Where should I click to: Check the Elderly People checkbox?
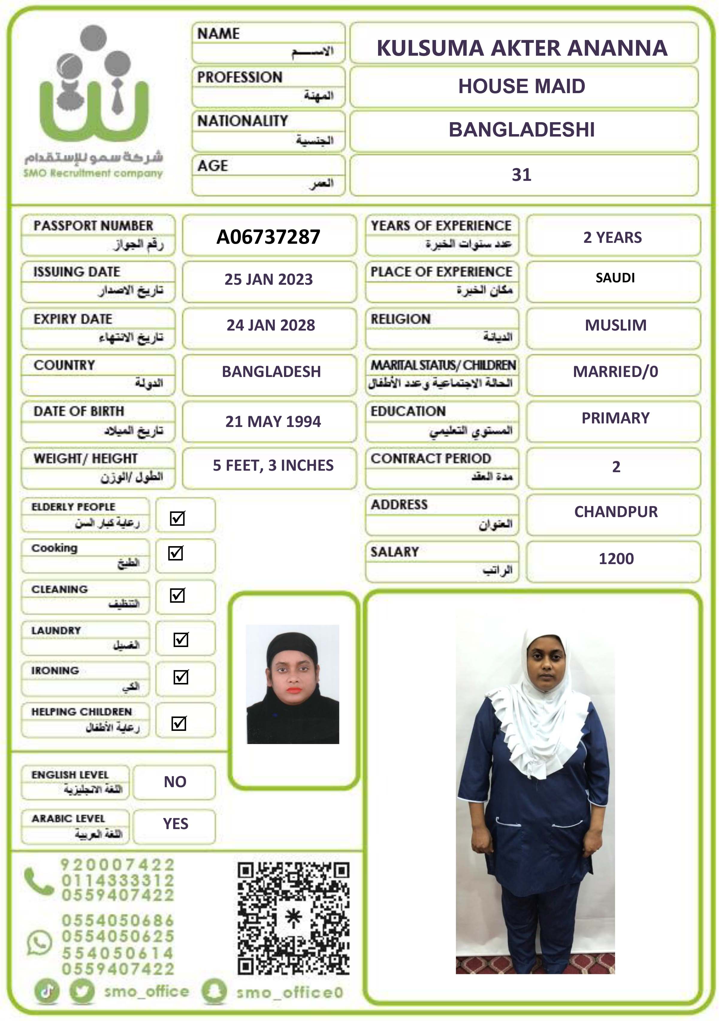coord(177,518)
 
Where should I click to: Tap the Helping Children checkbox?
coord(179,723)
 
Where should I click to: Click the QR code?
coord(293,919)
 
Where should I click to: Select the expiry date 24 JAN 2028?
coord(271,325)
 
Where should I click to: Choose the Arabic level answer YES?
coord(175,824)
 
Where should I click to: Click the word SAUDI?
coord(615,278)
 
